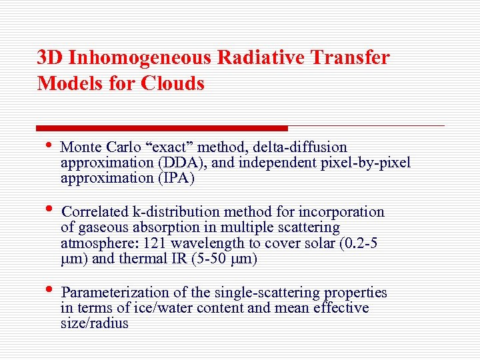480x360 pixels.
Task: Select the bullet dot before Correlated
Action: (49, 213)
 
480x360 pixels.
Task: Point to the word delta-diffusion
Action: (306, 147)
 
